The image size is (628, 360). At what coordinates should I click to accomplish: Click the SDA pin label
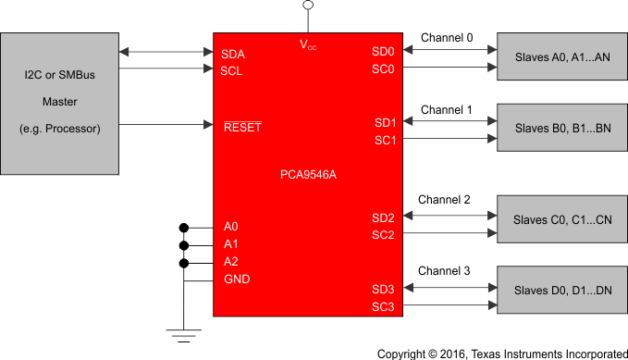point(233,54)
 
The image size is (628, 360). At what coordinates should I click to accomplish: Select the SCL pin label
point(232,70)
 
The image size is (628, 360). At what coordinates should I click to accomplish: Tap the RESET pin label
point(242,127)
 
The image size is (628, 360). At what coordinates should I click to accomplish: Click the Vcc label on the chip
point(308,44)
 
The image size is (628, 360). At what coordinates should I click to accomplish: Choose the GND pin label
point(236,279)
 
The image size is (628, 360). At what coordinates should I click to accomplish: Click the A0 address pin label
point(230,227)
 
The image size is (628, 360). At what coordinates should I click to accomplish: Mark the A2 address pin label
point(230,262)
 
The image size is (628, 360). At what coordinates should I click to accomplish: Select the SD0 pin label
point(384,52)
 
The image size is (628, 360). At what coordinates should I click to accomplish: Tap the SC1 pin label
point(384,141)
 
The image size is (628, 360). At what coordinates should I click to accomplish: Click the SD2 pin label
point(384,218)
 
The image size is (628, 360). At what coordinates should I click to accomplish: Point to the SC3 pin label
point(384,307)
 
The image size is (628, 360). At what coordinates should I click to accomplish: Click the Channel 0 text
point(447,38)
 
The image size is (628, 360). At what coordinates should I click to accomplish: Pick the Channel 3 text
point(444,271)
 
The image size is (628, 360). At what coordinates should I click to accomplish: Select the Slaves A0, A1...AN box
point(561,58)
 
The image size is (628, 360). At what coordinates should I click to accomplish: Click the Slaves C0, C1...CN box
point(561,220)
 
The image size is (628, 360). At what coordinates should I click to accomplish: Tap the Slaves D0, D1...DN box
point(561,291)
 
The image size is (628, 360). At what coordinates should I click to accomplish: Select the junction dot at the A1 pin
point(184,245)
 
